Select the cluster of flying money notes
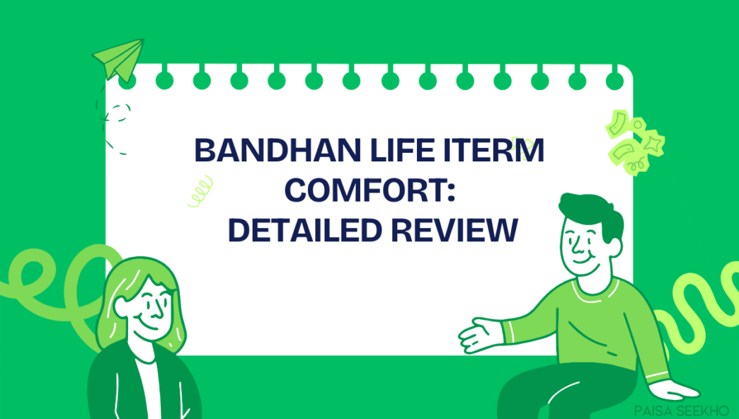(x=634, y=141)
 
